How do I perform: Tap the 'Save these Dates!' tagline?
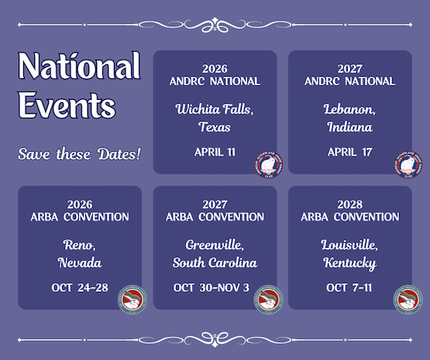pyautogui.click(x=79, y=153)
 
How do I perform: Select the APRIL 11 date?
pyautogui.click(x=215, y=152)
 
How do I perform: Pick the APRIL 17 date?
pyautogui.click(x=349, y=152)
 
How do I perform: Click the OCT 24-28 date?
pyautogui.click(x=80, y=288)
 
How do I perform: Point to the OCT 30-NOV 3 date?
pyautogui.click(x=215, y=288)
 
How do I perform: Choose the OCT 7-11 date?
pyautogui.click(x=349, y=288)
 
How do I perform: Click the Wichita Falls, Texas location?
pyautogui.click(x=215, y=117)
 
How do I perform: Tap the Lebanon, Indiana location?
pyautogui.click(x=349, y=117)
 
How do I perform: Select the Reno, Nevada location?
pyautogui.click(x=80, y=254)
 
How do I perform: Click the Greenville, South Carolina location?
pyautogui.click(x=215, y=254)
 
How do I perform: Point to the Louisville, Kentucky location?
pyautogui.click(x=349, y=254)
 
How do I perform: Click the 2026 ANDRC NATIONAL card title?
pyautogui.click(x=215, y=74)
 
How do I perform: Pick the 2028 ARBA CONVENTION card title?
pyautogui.click(x=349, y=211)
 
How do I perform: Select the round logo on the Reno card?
pyautogui.click(x=132, y=300)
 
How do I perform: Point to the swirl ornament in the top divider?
pyautogui.click(x=215, y=24)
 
